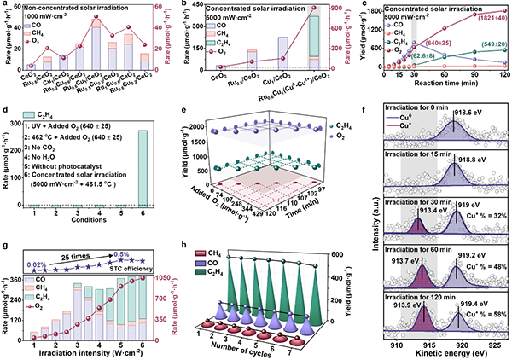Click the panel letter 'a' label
click(5, 5)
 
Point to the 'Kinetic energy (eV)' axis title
click(449, 352)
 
